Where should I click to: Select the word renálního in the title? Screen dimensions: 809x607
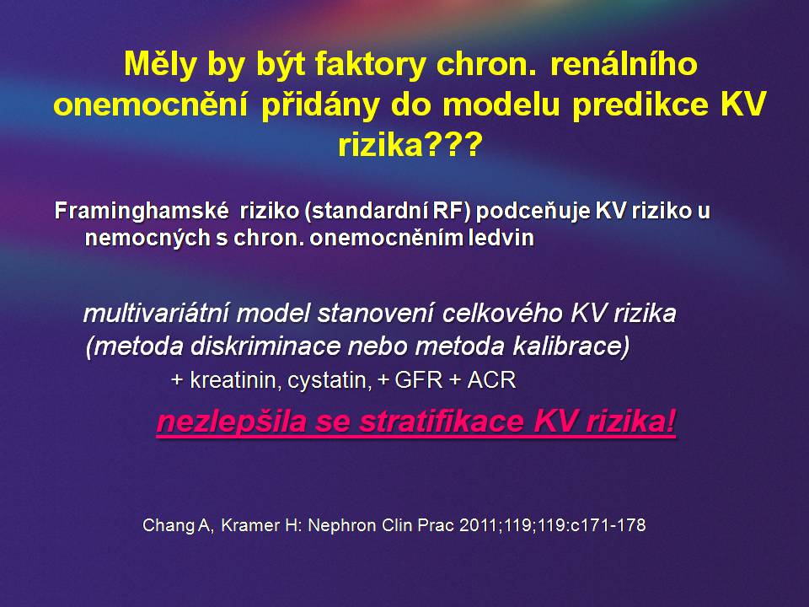624,65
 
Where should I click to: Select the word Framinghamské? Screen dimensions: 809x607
142,211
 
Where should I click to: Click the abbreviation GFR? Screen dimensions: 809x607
419,380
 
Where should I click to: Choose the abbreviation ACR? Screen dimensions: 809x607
491,380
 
